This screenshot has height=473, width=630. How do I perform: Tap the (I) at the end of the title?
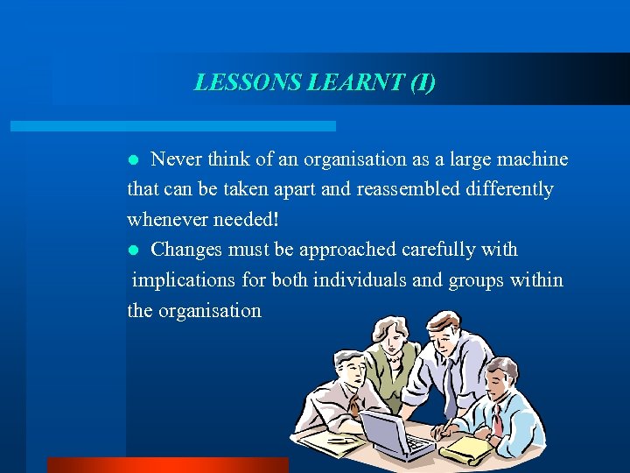[x=421, y=82]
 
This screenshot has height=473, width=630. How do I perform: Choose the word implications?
[x=186, y=280]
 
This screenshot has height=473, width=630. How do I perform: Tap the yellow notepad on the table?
[x=465, y=447]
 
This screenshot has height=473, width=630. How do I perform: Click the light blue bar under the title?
[x=172, y=126]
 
